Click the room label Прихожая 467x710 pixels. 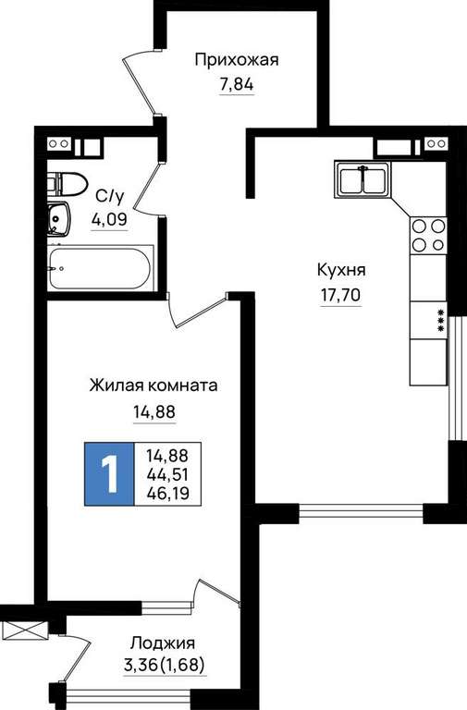click(x=237, y=60)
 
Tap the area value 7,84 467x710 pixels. click(x=237, y=84)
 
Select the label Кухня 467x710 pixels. click(x=341, y=270)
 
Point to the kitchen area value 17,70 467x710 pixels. click(x=341, y=295)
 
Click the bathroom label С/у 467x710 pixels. click(x=110, y=196)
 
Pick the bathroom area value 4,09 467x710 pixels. click(x=109, y=220)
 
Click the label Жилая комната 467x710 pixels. click(x=154, y=386)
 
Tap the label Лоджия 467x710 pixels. click(x=163, y=643)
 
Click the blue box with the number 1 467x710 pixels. click(x=109, y=473)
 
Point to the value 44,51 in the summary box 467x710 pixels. click(x=167, y=474)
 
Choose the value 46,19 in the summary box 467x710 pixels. click(x=167, y=493)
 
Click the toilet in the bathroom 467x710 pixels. click(x=67, y=184)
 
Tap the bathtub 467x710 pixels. click(x=100, y=268)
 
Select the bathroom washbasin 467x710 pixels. click(x=58, y=219)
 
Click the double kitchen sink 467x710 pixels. click(x=363, y=178)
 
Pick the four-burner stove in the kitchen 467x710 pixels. click(x=428, y=236)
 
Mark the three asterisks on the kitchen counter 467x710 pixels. click(x=440, y=320)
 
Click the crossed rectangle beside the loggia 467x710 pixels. click(x=24, y=630)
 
